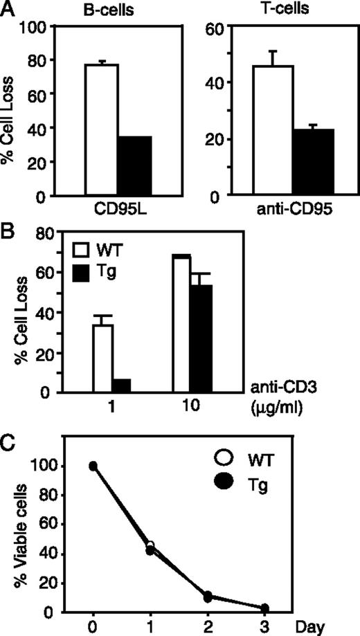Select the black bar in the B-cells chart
pos(134,166)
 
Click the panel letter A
pos(9,9)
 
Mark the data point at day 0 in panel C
pos(93,485)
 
